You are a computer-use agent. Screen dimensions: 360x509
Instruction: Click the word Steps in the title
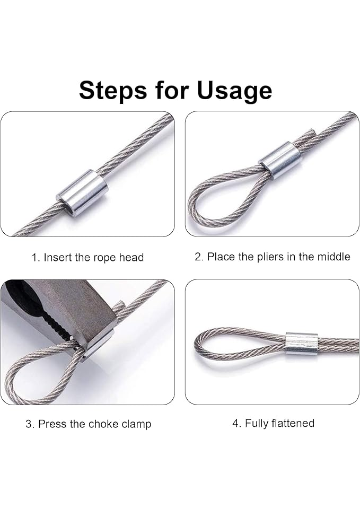113,91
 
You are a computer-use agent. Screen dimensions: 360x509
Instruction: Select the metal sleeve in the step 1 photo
82,193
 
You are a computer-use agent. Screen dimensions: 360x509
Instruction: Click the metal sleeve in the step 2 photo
280,160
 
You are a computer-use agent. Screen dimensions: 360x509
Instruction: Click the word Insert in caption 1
58,258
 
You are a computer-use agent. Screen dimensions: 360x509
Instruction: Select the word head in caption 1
131,258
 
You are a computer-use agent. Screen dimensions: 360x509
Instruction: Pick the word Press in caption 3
52,424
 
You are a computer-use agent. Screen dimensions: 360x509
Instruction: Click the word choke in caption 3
103,424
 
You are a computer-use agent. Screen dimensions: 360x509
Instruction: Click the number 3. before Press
30,424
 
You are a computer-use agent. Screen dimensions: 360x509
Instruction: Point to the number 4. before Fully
237,423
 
